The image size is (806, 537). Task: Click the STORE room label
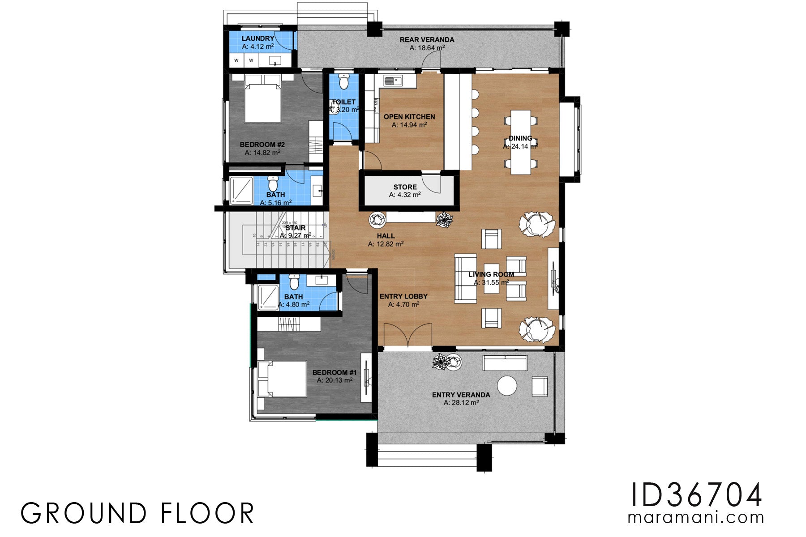click(x=405, y=187)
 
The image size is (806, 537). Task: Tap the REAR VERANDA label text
click(x=427, y=40)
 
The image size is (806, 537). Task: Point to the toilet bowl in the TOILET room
click(x=343, y=82)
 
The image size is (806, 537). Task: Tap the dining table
click(x=520, y=142)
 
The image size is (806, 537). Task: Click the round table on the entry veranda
click(x=507, y=386)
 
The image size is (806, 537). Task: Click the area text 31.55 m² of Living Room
click(x=491, y=282)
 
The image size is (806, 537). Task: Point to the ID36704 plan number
click(x=696, y=495)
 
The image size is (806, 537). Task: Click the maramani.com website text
click(x=696, y=518)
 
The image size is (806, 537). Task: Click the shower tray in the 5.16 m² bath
click(x=241, y=191)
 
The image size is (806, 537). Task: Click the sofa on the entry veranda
click(x=505, y=363)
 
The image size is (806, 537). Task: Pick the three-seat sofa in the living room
click(x=465, y=278)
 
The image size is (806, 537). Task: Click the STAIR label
click(x=296, y=228)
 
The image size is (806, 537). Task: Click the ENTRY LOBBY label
click(x=403, y=296)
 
